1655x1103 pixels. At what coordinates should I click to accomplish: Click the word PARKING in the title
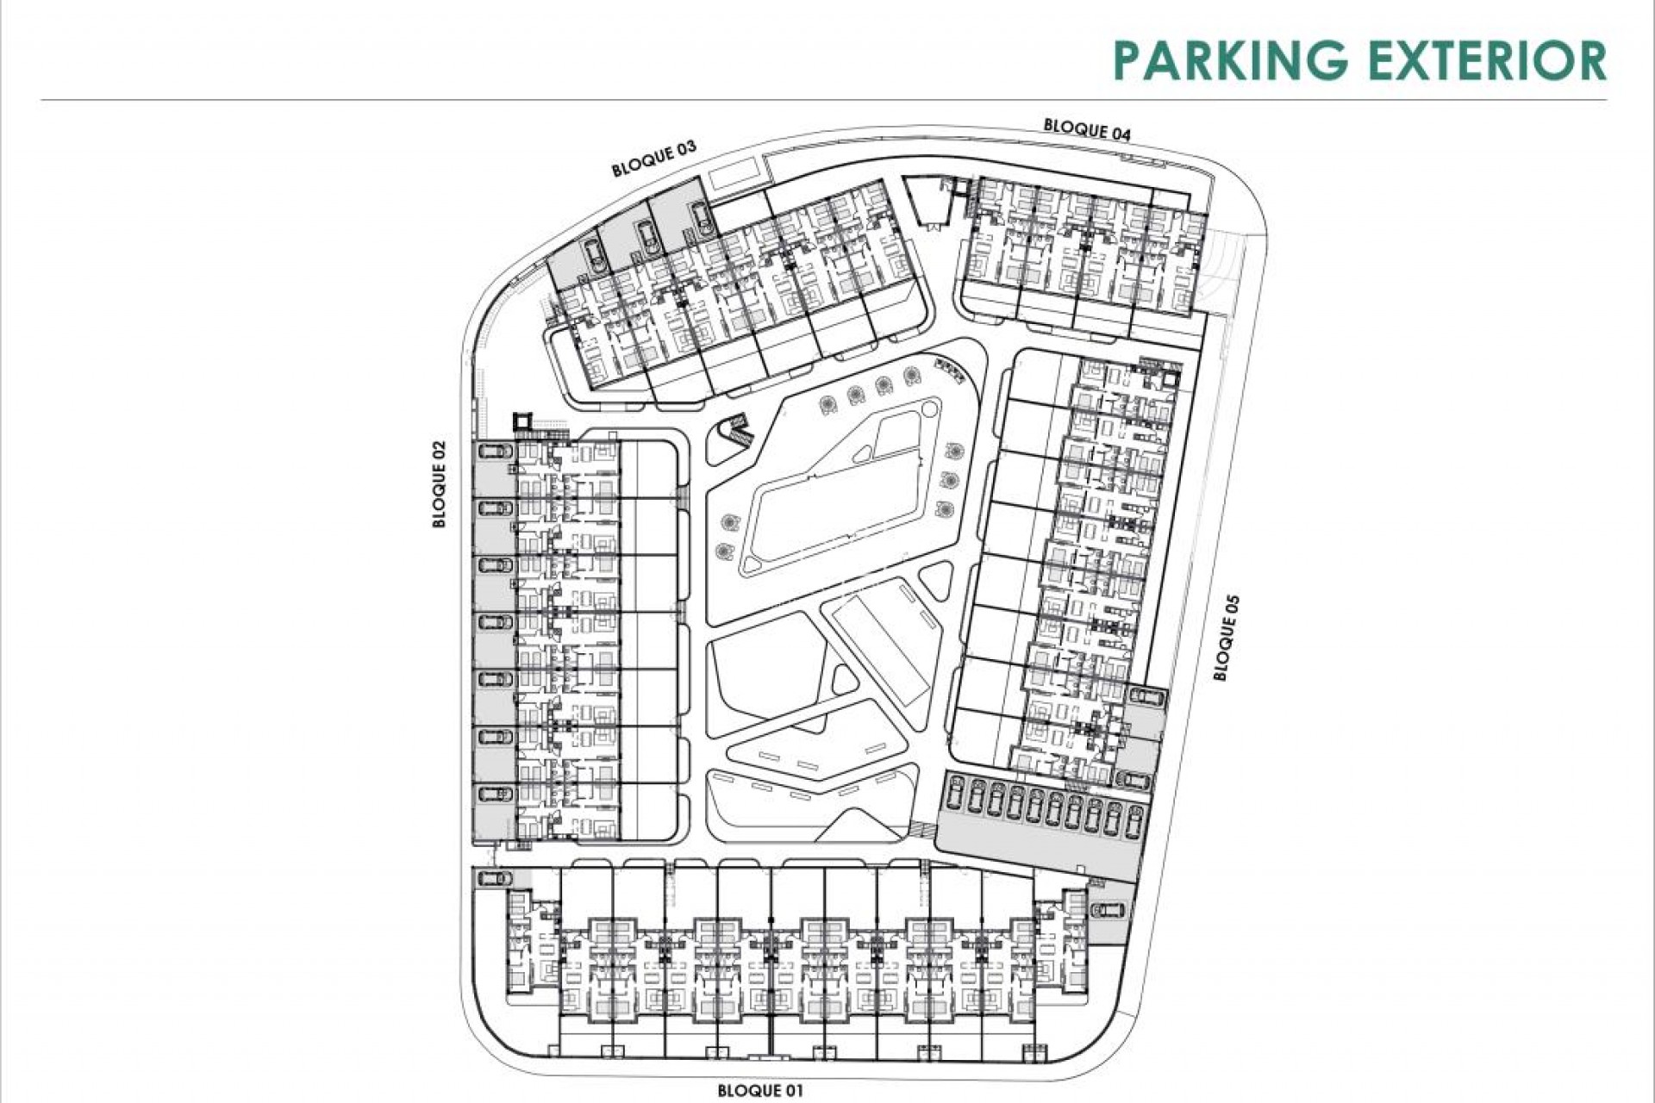pos(1230,59)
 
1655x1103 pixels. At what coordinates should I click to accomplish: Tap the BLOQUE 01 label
pos(760,1091)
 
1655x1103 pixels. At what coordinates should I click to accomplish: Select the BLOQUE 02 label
pos(440,484)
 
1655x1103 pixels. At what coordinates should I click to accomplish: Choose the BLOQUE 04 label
pos(1087,129)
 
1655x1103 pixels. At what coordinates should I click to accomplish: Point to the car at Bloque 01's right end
pos(1106,909)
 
